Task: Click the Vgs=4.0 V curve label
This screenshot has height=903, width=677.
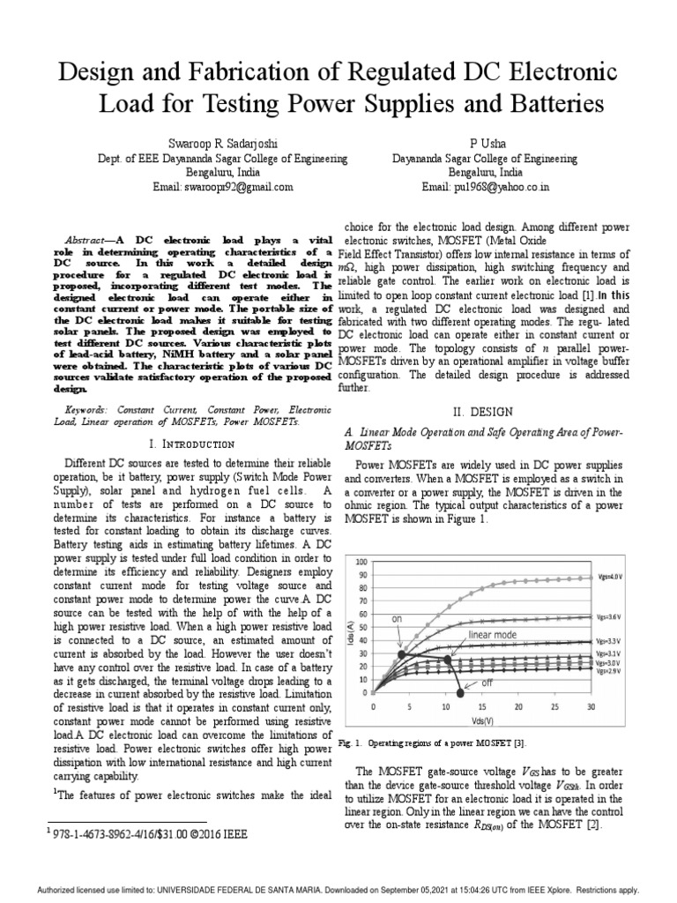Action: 610,576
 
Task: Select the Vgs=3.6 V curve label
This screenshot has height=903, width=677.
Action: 610,617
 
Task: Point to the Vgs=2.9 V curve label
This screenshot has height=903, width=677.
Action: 609,670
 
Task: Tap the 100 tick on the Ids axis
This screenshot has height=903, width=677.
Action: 361,562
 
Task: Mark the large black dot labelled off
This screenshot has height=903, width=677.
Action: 459,690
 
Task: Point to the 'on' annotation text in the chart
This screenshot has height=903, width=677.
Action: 397,619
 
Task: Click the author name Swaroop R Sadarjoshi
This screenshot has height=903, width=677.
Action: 221,143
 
